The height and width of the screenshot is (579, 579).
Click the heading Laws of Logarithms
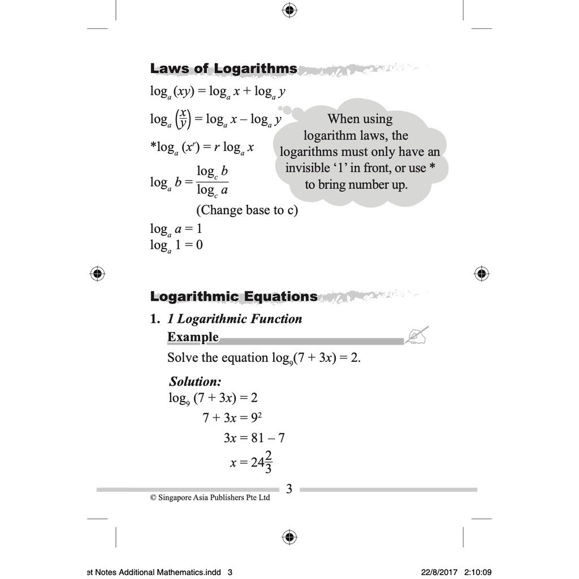pos(223,69)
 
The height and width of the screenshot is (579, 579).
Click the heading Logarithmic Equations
pos(234,296)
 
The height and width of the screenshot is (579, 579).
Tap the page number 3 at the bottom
pos(289,489)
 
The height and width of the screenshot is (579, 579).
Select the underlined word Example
pos(193,338)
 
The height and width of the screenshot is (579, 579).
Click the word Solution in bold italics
pos(195,381)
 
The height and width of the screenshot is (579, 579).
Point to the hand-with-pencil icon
pos(417,335)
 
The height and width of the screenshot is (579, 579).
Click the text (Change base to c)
pos(247,210)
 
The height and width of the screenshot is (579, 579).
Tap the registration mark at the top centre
pos(289,10)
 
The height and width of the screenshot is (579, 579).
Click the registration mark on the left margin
pos(97,274)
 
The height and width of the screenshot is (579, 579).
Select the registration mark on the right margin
pos(481,274)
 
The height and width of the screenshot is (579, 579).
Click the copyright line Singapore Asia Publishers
pos(210,498)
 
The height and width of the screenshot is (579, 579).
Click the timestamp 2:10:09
pos(478,572)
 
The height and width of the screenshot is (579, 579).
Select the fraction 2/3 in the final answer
pos(268,463)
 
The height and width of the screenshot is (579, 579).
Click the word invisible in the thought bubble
pos(312,168)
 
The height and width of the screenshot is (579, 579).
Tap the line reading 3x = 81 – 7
pos(254,438)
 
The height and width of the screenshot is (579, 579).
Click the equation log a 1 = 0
pos(176,245)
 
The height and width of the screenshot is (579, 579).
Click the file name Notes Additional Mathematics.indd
pos(153,572)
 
